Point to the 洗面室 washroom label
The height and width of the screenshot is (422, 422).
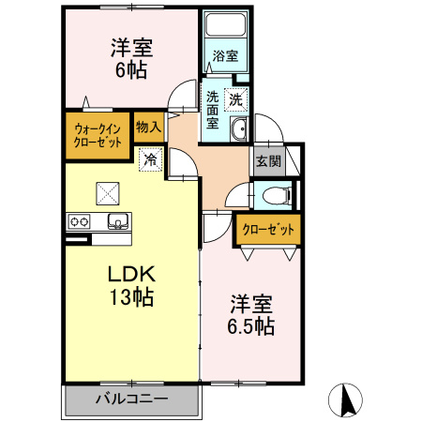pyautogui.click(x=213, y=110)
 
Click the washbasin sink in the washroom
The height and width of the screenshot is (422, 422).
pyautogui.click(x=238, y=130)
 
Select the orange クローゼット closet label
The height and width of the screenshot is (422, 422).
pyautogui.click(x=268, y=228)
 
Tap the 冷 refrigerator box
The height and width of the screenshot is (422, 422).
pyautogui.click(x=150, y=159)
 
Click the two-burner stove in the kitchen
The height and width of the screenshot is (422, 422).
pyautogui.click(x=78, y=222)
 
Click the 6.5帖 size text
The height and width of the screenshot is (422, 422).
pyautogui.click(x=251, y=327)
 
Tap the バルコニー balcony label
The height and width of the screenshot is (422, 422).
pyautogui.click(x=131, y=398)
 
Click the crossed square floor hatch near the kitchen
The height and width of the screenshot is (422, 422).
pyautogui.click(x=108, y=192)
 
